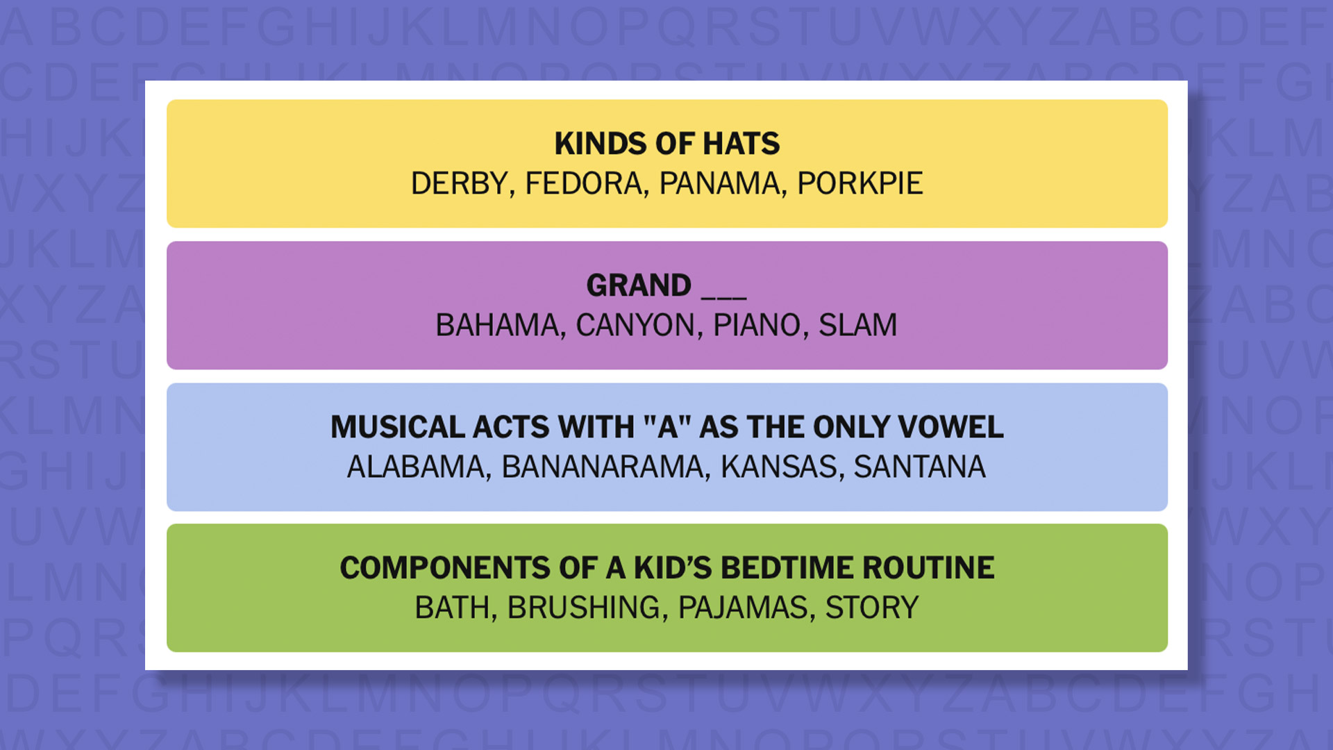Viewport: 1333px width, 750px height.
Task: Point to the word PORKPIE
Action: (860, 184)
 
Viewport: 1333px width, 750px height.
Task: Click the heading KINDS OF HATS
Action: (666, 144)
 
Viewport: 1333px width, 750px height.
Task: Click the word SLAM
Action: (857, 326)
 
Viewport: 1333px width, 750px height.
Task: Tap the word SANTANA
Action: (919, 467)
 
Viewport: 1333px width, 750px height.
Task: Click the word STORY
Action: (871, 608)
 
